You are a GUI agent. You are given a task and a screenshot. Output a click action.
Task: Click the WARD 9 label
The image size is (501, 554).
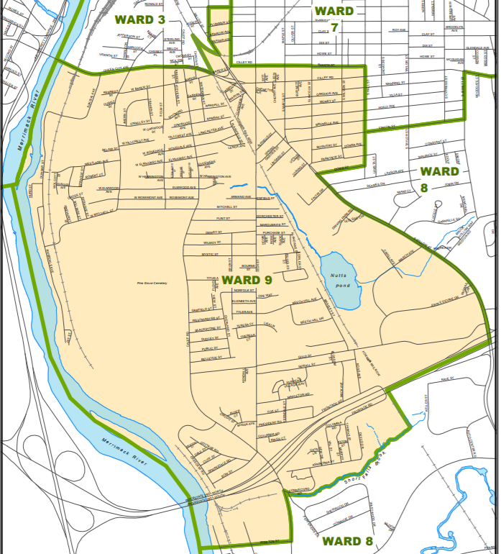tap(247, 279)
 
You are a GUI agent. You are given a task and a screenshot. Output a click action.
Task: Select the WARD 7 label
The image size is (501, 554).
tap(334, 18)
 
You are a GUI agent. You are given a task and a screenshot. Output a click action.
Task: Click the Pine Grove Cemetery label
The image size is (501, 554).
tap(152, 283)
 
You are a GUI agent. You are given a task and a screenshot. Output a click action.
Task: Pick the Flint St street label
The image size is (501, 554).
tap(222, 217)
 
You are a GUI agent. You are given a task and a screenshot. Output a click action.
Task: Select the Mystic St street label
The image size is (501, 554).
tap(209, 254)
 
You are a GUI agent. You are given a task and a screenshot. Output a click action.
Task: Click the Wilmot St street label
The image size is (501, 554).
tap(209, 243)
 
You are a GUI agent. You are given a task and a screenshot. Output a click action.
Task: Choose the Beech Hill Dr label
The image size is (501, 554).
tap(312, 319)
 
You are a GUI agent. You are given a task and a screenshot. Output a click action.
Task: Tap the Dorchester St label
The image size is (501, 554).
tap(270, 216)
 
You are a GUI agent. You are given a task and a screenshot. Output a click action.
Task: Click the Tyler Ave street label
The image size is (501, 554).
tap(244, 312)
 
